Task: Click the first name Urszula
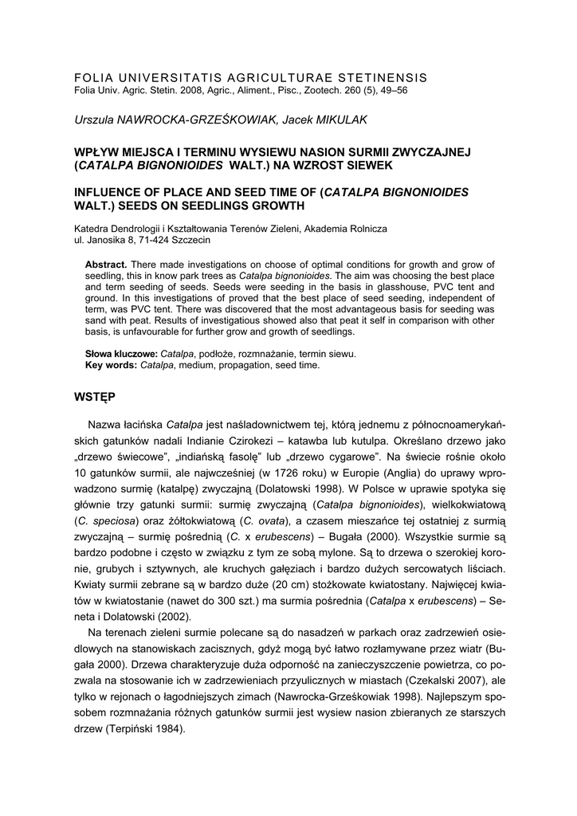(96, 119)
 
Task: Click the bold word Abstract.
(106, 264)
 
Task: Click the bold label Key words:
(112, 365)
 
